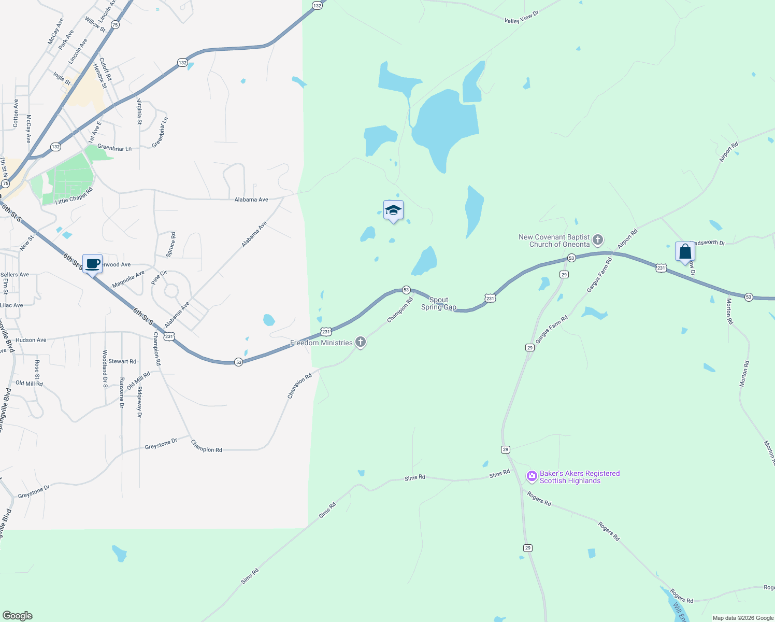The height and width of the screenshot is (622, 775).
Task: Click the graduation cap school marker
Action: (393, 210)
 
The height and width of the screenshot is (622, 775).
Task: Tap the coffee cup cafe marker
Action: (92, 264)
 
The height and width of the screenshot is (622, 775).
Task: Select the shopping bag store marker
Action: (685, 252)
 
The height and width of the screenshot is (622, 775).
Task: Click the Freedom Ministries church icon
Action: (361, 342)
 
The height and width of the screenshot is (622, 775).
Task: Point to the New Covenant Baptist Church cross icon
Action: (598, 240)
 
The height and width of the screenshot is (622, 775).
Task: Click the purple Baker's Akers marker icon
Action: (532, 476)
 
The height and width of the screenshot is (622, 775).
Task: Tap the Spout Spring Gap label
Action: (439, 304)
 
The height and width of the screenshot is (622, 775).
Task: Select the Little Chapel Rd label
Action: (74, 196)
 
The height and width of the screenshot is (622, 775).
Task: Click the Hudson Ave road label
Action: (31, 340)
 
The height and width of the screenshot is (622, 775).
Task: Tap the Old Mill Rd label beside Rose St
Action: (29, 384)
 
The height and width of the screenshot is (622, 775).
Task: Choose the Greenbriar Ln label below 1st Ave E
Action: (114, 148)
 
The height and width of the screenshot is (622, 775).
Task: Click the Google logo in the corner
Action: (18, 616)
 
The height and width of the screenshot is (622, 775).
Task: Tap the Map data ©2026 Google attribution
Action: (742, 618)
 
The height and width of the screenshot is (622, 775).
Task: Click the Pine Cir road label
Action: (159, 277)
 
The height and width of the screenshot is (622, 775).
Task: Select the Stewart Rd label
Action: (122, 361)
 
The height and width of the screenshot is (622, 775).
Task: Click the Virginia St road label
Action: (139, 111)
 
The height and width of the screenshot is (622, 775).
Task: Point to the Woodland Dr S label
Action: (105, 370)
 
